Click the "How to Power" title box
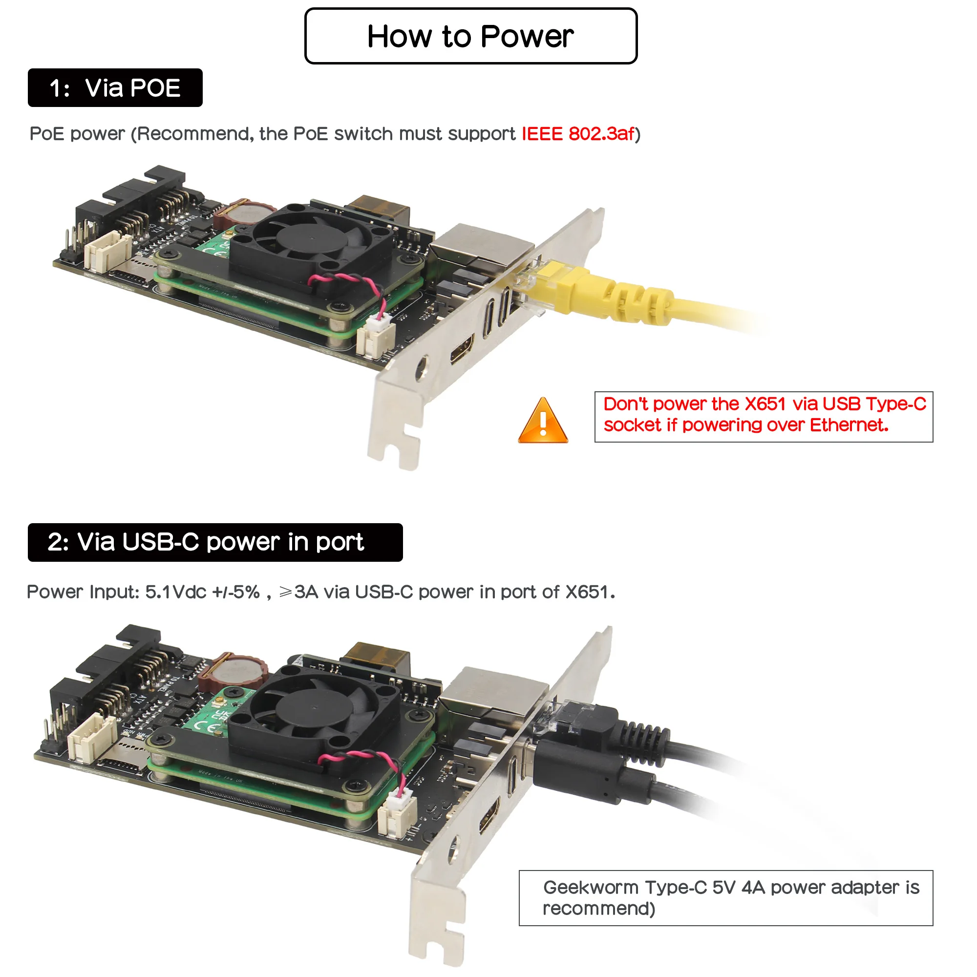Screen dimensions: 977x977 470,36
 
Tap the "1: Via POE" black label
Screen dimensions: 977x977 115,87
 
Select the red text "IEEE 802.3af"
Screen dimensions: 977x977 577,133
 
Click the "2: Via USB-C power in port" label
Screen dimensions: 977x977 215,542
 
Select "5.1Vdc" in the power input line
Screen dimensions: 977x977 175,592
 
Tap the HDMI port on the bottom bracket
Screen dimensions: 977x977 489,816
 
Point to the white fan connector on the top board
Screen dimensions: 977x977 375,335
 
